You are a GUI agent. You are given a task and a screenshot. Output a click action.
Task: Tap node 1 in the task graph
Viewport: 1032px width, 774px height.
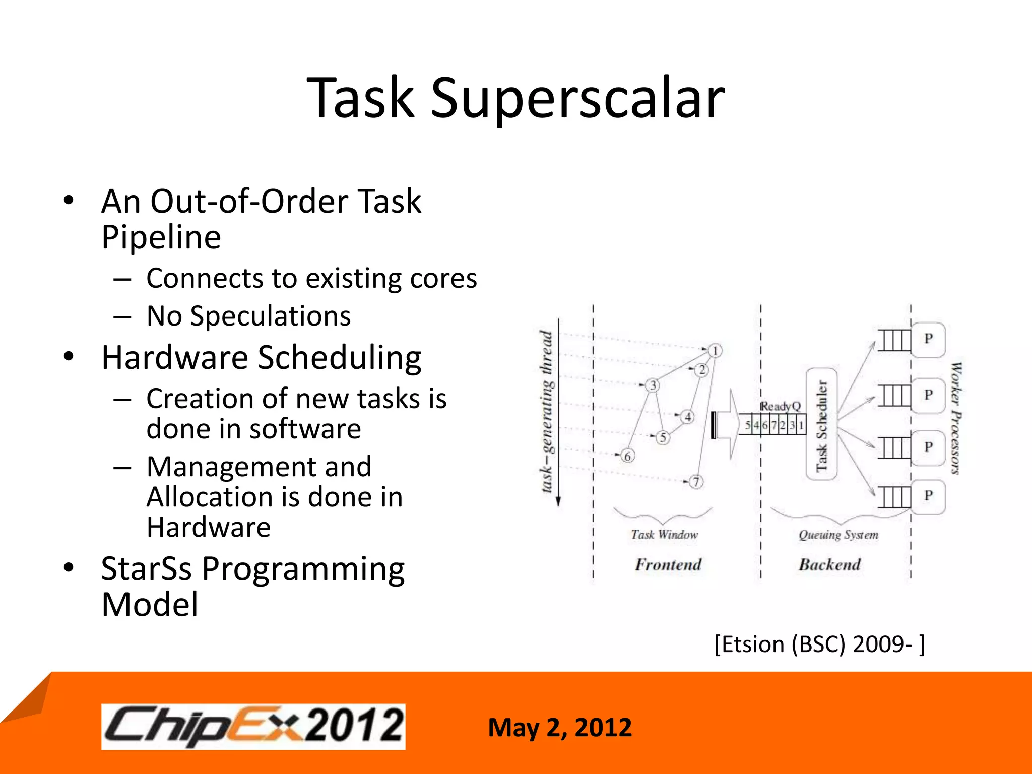[x=715, y=351]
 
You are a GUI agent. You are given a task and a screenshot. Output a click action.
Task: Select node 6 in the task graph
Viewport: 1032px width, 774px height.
[x=627, y=456]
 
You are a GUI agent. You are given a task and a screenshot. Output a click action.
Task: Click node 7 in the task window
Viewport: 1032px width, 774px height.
[x=696, y=482]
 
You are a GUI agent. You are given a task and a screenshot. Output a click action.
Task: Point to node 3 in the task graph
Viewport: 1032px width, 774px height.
[x=653, y=385]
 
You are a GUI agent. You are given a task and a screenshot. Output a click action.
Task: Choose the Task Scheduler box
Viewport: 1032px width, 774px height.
[x=821, y=424]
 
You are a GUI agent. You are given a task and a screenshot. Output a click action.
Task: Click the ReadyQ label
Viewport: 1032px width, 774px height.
[x=780, y=406]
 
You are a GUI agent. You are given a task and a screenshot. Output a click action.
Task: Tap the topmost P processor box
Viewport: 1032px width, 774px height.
[x=928, y=339]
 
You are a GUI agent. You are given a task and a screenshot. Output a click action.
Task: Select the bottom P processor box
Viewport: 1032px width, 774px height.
[x=928, y=496]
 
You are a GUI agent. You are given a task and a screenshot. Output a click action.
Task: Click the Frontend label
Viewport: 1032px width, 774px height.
[x=668, y=565]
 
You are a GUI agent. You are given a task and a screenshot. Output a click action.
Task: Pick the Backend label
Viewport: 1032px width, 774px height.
[x=829, y=565]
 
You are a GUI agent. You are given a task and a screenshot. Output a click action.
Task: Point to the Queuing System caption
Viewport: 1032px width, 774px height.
[x=838, y=535]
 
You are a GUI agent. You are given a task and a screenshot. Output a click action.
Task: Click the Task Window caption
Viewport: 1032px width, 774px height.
[x=665, y=535]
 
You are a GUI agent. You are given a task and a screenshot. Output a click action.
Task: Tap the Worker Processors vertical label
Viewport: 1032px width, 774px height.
[x=955, y=418]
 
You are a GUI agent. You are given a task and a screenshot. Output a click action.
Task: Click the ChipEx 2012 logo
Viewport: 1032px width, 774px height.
[x=253, y=727]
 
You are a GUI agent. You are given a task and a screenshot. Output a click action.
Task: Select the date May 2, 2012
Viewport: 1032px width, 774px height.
[x=559, y=728]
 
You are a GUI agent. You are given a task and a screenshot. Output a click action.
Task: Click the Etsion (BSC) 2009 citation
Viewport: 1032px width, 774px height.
[x=819, y=644]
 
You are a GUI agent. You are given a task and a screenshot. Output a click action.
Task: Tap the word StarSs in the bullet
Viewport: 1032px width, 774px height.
[x=146, y=569]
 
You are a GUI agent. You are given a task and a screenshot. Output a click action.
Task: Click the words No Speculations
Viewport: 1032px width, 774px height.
[x=248, y=316]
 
